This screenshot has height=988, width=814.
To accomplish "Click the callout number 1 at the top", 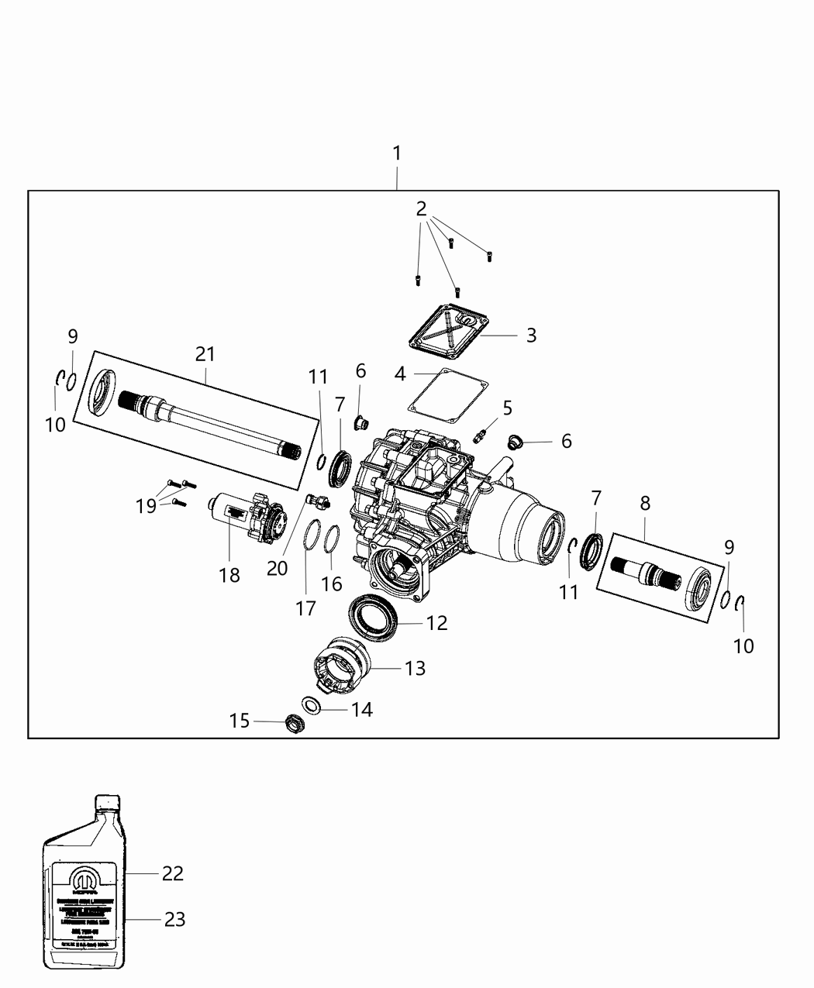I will (397, 153).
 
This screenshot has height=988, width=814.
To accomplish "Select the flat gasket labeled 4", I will (447, 395).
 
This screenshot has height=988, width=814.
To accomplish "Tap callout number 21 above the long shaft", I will (205, 354).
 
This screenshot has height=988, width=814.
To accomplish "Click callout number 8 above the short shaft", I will (645, 504).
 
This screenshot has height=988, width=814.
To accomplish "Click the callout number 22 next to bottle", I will (172, 873).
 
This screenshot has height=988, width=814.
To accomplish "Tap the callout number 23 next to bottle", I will (174, 920).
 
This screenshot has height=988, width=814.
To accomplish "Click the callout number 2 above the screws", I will (421, 208).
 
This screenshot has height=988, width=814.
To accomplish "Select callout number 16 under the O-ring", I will (332, 583).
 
